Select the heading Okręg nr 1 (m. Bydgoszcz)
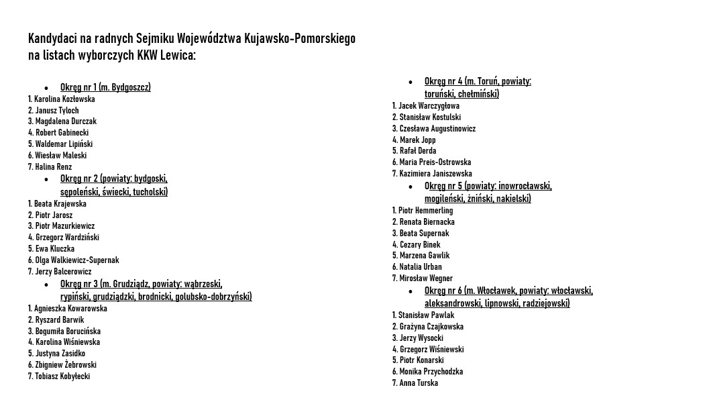tap(105, 87)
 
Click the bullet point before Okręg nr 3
tap(46, 285)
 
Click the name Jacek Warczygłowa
tap(429, 106)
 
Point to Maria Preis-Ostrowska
tap(435, 162)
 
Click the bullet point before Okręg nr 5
tap(411, 187)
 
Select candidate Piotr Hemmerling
tap(425, 211)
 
